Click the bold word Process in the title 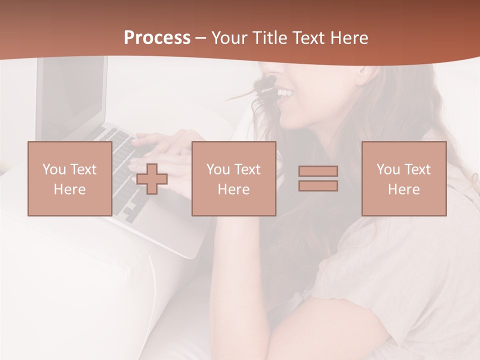157,38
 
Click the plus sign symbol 152,178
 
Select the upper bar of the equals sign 318,171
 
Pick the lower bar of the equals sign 318,185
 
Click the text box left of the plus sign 69,178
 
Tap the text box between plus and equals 233,178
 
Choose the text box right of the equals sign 404,178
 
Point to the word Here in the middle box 233,189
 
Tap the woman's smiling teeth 284,93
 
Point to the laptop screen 72,95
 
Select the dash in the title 201,38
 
